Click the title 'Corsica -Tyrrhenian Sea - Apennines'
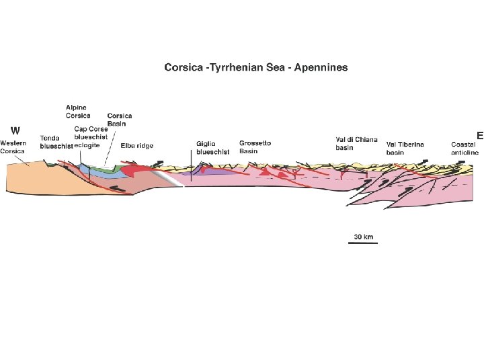(x=256, y=68)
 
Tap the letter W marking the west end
(x=14, y=130)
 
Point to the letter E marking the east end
(x=479, y=135)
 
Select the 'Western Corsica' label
(x=13, y=147)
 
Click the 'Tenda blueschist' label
(x=56, y=142)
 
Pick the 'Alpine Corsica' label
(x=78, y=112)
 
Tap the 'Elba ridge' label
(x=136, y=145)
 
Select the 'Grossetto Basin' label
(x=255, y=147)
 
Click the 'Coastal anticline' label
(x=465, y=149)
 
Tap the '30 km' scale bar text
(x=363, y=237)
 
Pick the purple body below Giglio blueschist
(x=212, y=173)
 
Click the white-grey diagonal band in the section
(x=168, y=177)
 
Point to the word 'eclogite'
(x=88, y=145)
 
